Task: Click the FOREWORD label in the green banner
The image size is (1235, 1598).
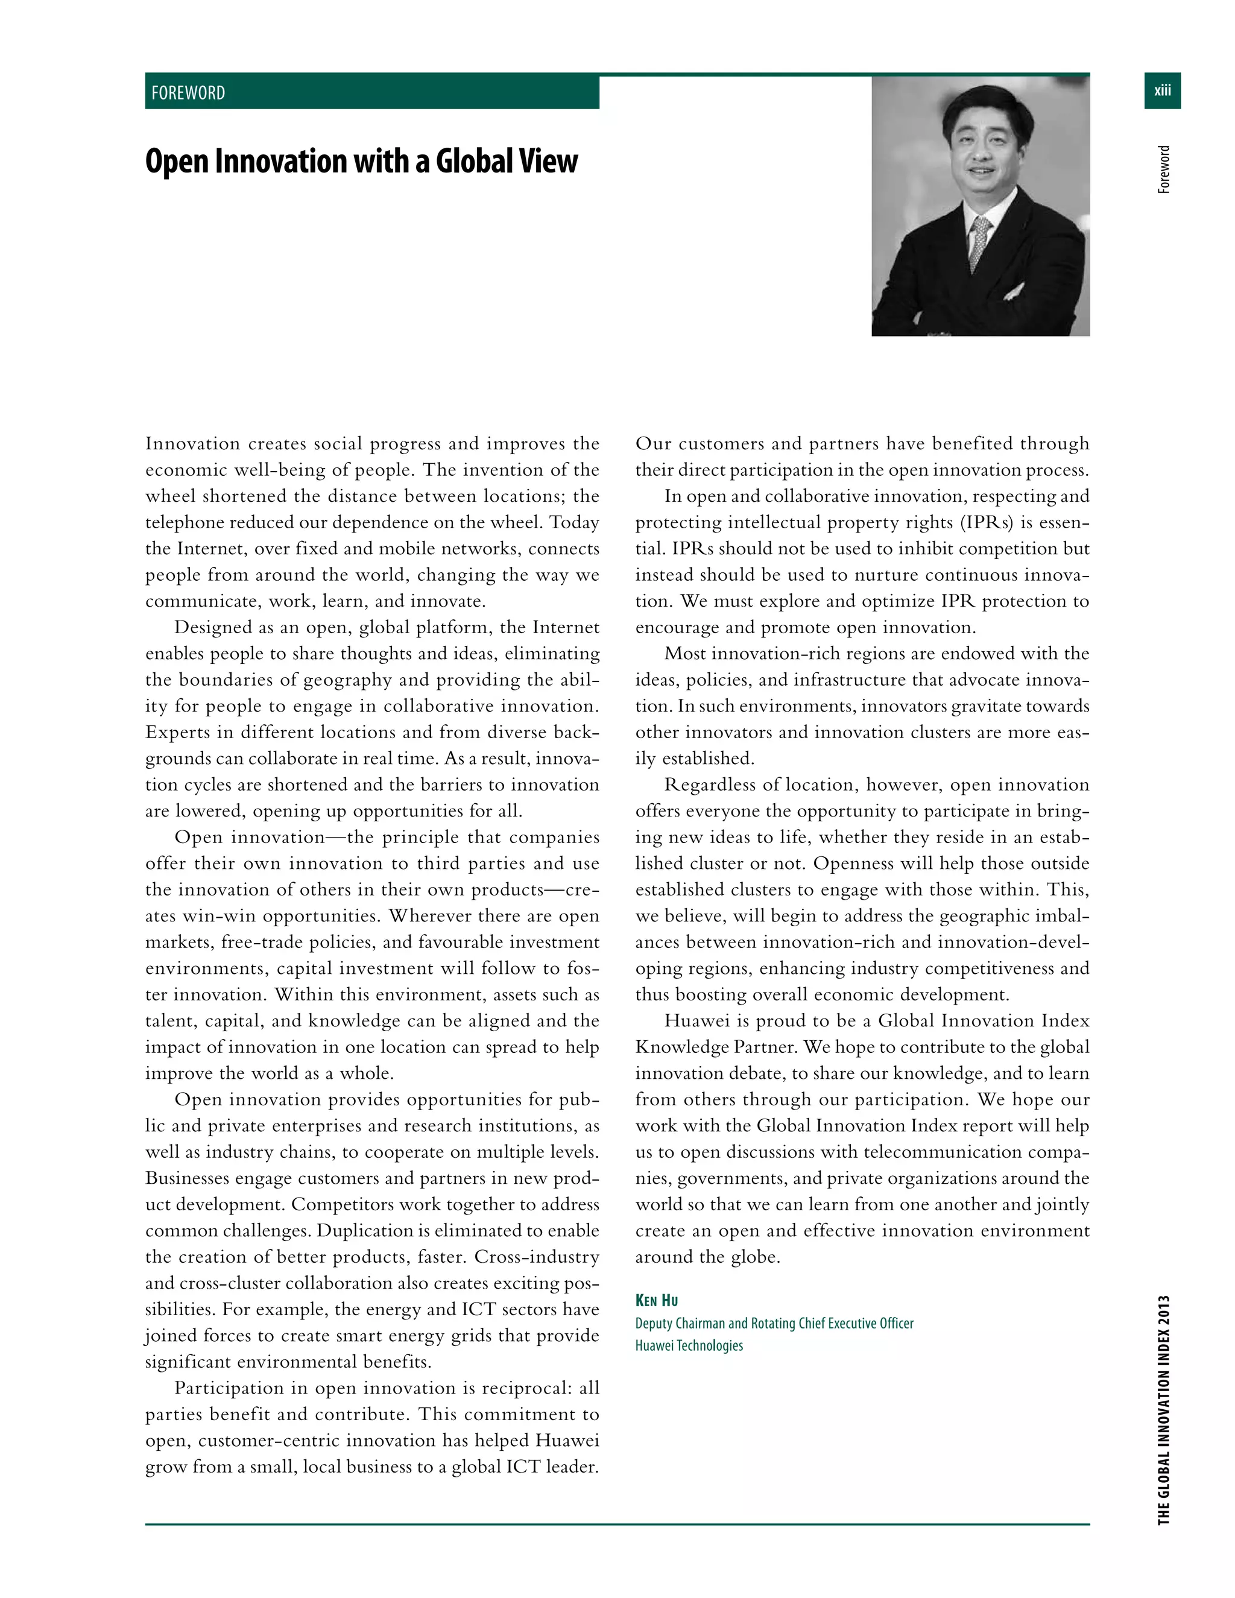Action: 188,93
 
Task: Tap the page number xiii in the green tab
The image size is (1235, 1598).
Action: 1162,90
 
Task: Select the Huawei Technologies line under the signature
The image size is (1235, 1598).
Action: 689,1345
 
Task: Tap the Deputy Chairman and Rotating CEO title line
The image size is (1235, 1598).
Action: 774,1323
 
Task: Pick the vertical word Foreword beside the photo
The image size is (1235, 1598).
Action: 1164,170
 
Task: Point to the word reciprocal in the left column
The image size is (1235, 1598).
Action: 527,1388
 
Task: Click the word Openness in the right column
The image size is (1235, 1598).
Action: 851,864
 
